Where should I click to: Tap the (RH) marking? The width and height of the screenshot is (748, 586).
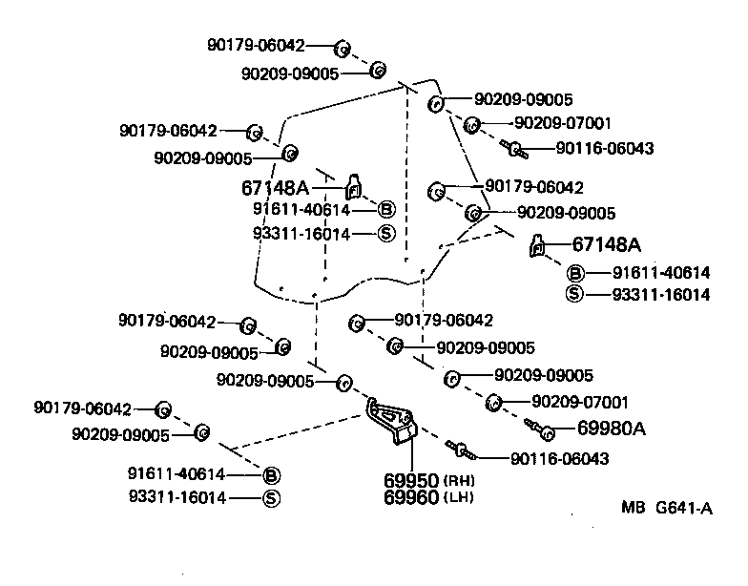(x=459, y=480)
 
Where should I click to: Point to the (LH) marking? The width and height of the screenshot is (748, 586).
(x=459, y=497)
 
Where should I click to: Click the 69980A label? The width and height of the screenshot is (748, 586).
(x=612, y=428)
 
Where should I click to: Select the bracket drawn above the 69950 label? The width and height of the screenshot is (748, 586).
(x=394, y=421)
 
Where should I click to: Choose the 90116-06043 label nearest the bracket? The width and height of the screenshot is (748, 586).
(x=559, y=459)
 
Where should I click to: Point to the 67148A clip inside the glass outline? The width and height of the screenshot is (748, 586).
(x=353, y=187)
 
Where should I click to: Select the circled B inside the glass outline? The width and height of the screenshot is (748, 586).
(x=385, y=210)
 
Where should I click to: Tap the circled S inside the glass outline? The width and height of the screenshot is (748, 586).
(x=385, y=234)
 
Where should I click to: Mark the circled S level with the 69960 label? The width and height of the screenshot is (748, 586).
(x=270, y=497)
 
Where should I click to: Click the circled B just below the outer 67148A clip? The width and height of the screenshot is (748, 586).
(x=575, y=273)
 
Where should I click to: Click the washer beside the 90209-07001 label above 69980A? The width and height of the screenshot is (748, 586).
(x=494, y=401)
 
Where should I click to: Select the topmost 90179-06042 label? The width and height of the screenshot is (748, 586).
(x=257, y=45)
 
